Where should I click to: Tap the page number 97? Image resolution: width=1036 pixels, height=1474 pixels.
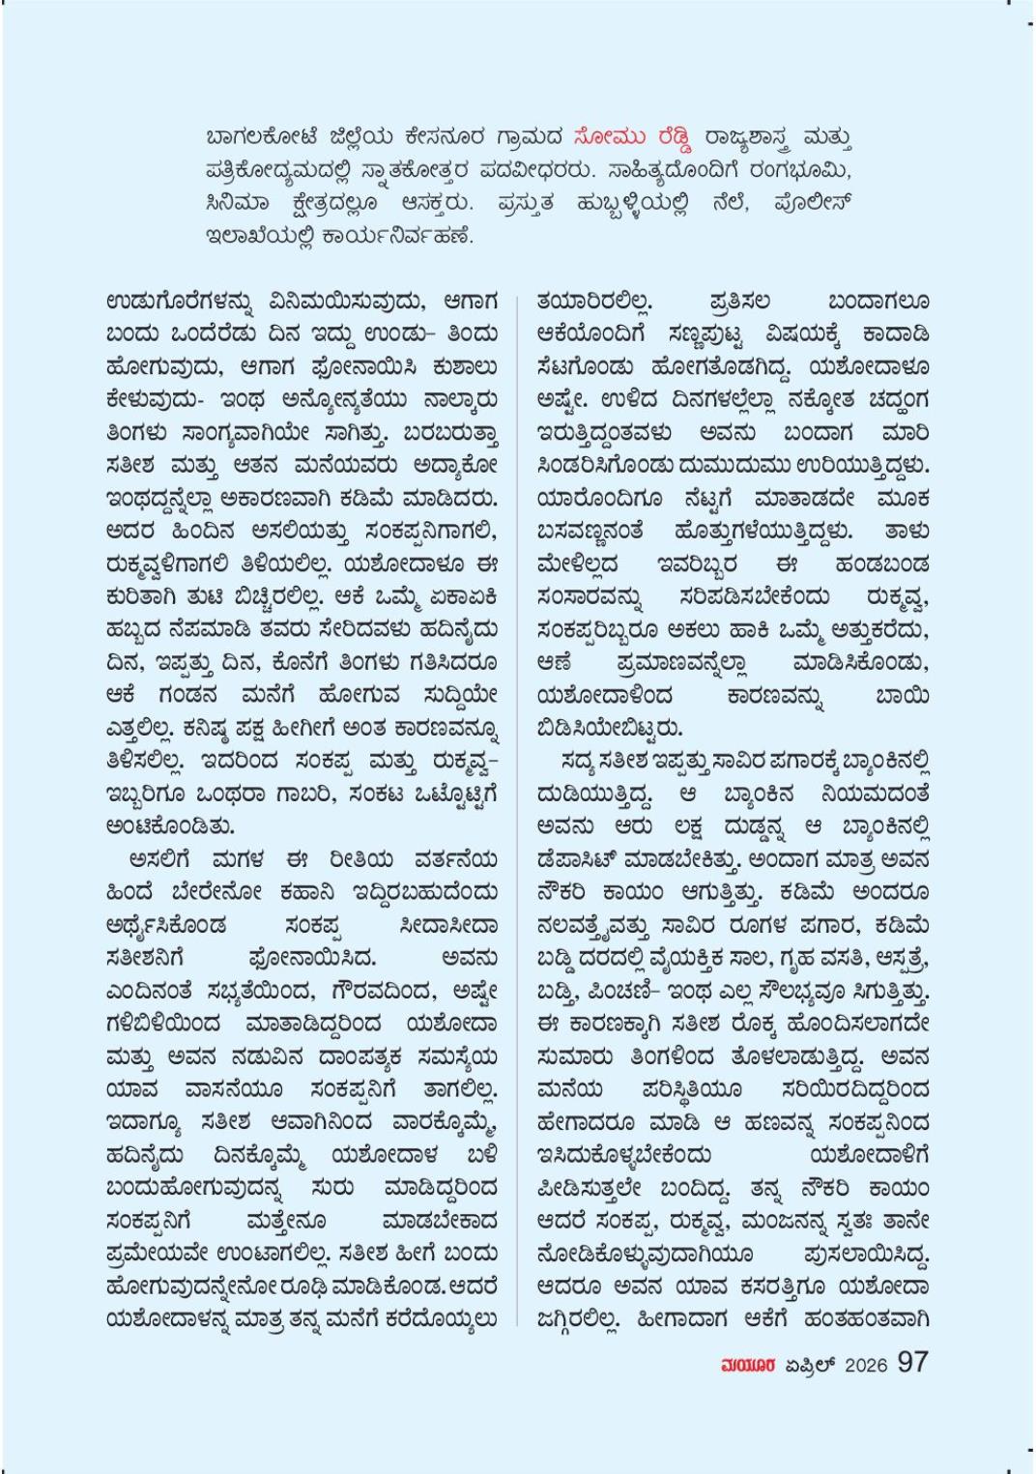pyautogui.click(x=912, y=1362)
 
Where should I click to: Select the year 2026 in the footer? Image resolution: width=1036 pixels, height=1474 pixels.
pyautogui.click(x=865, y=1365)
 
